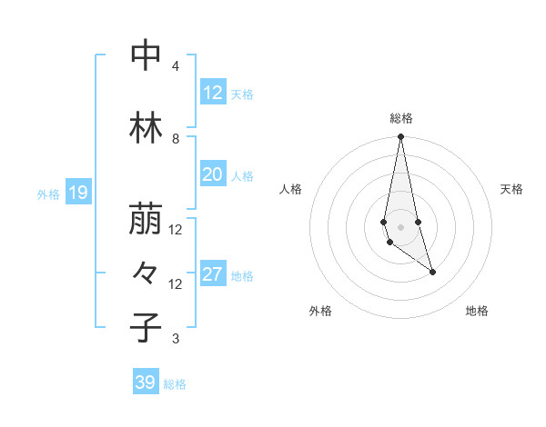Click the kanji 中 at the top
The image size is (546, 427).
146,55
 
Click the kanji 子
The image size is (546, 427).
146,327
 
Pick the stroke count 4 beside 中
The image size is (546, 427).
176,66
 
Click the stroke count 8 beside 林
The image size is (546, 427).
176,139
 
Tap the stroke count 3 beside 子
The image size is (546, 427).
176,340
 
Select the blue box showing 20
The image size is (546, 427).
212,174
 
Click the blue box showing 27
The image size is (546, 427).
212,274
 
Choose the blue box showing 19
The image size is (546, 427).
77,193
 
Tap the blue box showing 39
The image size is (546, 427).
145,382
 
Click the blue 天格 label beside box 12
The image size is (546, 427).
242,94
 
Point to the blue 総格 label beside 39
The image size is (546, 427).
175,384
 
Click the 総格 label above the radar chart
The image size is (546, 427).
400,118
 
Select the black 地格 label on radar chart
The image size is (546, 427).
477,311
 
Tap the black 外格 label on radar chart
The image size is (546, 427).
320,311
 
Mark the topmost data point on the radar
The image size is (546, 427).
400,137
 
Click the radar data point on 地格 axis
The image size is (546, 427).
432,272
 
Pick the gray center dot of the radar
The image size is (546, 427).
400,226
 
